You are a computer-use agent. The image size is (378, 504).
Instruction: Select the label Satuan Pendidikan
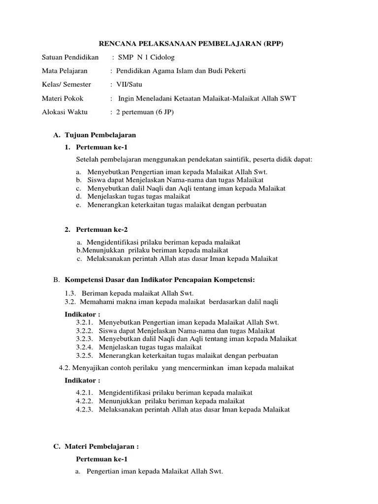coord(70,57)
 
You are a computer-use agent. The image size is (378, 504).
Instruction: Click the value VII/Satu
coord(128,85)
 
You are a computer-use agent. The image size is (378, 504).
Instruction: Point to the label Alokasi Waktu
coord(64,112)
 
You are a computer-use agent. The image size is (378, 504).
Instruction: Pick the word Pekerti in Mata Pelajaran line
coord(234,71)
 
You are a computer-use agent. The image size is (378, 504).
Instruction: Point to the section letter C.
coord(56,446)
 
